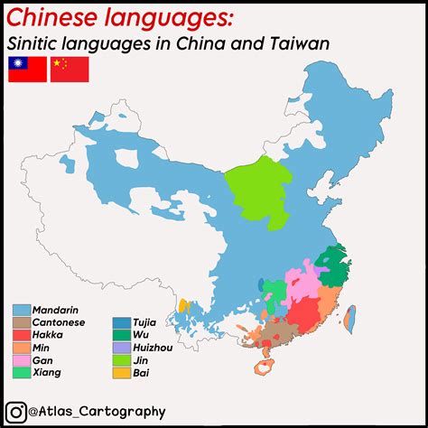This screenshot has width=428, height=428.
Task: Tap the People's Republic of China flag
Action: click(70, 69)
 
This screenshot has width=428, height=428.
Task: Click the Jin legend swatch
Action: click(119, 359)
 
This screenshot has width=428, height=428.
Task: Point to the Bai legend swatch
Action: click(119, 372)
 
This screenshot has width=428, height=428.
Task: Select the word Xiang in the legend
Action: click(47, 372)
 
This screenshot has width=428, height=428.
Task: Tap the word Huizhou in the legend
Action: click(154, 347)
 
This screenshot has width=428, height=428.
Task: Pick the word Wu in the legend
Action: click(141, 334)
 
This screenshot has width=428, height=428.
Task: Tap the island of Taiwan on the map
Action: click(351, 313)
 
